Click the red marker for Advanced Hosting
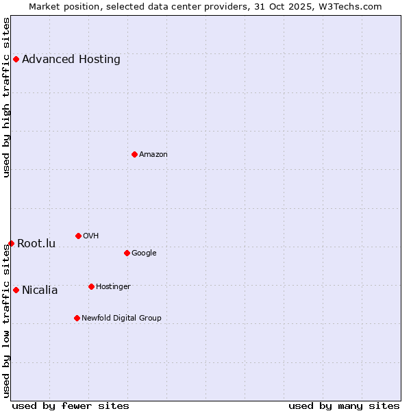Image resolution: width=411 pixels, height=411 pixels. (x=16, y=59)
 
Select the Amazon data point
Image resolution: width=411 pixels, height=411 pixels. (x=134, y=154)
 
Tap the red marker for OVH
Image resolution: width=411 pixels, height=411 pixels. (x=78, y=236)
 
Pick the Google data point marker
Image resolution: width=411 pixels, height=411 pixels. (x=127, y=253)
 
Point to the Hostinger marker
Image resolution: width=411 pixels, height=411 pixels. (x=91, y=286)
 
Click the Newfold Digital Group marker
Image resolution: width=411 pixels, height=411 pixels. (x=77, y=318)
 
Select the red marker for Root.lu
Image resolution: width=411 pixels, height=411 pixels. (x=11, y=243)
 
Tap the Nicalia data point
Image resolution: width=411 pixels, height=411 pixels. (x=16, y=290)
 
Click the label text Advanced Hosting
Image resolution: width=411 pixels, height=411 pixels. (x=71, y=59)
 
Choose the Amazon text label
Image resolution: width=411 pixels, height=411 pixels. (x=153, y=154)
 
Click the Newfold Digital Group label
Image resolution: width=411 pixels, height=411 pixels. (x=121, y=318)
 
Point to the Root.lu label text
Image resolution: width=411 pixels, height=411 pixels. (x=36, y=243)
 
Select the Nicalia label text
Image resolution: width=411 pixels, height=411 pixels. (x=40, y=290)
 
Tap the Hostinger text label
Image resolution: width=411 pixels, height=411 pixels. (x=113, y=286)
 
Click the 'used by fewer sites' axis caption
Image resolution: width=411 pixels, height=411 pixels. (x=71, y=406)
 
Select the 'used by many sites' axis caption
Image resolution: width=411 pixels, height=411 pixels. (x=344, y=406)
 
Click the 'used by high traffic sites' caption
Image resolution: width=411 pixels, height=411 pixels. (x=6, y=97)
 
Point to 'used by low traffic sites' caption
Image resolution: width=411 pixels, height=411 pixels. (x=6, y=320)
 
